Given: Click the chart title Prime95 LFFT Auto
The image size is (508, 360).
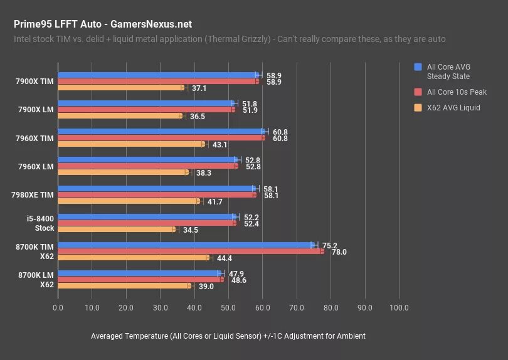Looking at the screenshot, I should pos(103,24).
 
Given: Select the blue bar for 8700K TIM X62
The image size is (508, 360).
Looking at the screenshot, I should pos(186,245).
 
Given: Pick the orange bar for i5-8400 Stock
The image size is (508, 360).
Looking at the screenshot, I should pos(116,230).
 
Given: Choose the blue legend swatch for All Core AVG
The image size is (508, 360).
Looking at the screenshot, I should pos(418,67).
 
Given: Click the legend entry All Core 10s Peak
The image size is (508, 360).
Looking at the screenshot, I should pos(457,92).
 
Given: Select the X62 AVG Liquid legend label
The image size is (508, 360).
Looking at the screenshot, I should pos(453,108).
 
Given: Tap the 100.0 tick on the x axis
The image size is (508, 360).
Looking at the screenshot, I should pos(399,308).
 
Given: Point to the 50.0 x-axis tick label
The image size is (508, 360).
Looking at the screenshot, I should pos(228,308).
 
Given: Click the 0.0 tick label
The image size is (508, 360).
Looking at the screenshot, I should pos(58,308).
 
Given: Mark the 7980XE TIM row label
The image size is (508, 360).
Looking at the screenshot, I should pos(33,194).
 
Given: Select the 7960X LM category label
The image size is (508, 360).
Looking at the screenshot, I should pos(34,166).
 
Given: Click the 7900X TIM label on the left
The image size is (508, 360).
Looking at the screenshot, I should pos(35,81).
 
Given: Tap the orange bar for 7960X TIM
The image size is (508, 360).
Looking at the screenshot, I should pos(131,144).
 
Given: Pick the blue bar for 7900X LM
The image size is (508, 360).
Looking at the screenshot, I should pos(146,103).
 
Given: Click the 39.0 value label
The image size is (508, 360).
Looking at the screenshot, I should pos(206,287).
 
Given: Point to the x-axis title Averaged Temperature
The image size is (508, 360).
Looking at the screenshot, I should pos(228,336).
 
